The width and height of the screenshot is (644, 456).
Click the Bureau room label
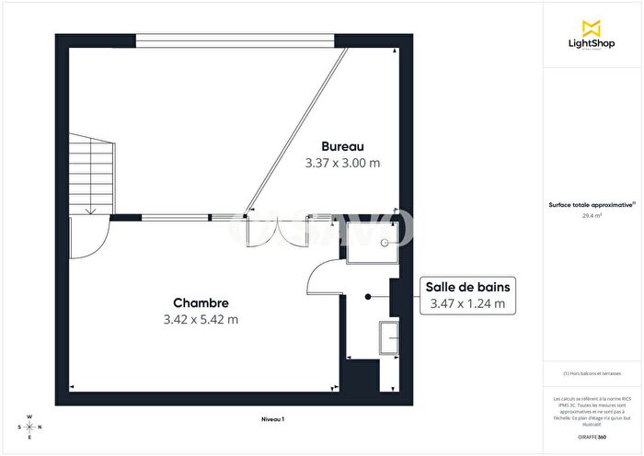pyautogui.click(x=342, y=146)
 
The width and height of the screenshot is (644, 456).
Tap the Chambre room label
pyautogui.click(x=201, y=303)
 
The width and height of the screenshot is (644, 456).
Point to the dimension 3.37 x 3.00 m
pyautogui.click(x=342, y=163)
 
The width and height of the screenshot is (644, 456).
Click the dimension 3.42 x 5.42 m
pyautogui.click(x=201, y=320)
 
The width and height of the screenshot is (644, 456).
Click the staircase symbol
pyautogui.click(x=90, y=175)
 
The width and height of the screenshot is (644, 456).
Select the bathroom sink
pyautogui.click(x=388, y=337)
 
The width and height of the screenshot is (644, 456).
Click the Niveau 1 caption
pyautogui.click(x=273, y=419)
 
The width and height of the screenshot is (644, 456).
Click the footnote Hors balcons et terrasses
pyautogui.click(x=592, y=374)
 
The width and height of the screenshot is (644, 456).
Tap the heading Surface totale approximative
pyautogui.click(x=591, y=206)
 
